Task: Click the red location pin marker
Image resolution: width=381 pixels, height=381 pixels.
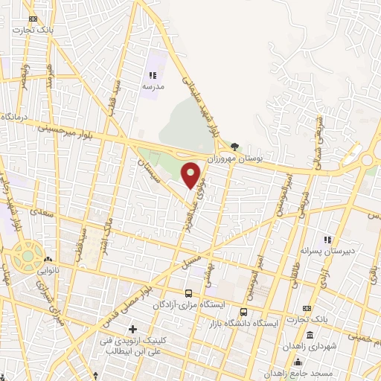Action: (191, 175)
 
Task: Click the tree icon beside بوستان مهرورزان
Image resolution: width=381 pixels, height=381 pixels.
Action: (235, 147)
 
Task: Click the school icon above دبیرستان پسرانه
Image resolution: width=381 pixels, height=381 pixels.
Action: (327, 240)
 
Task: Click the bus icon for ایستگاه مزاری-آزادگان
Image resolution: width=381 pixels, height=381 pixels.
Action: (188, 293)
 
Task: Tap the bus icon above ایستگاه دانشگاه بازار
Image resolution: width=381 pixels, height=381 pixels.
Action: (245, 312)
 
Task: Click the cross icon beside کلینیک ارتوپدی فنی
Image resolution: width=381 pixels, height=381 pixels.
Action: (133, 329)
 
